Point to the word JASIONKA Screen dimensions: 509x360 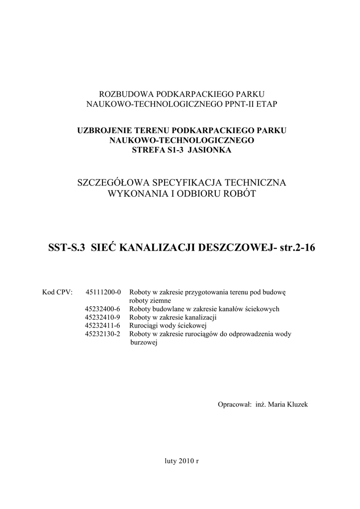click(x=213, y=150)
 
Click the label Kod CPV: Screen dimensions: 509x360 click(x=58, y=292)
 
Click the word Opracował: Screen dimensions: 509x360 click(x=235, y=405)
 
